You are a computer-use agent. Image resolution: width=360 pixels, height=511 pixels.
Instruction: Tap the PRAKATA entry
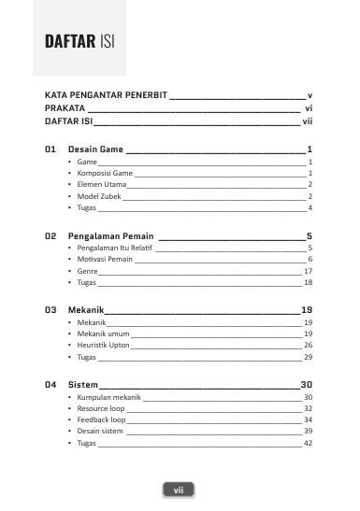[x=66, y=108]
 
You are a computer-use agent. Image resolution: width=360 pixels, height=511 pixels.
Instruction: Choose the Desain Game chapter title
[x=95, y=149]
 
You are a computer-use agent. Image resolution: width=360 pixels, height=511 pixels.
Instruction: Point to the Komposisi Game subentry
[x=105, y=174]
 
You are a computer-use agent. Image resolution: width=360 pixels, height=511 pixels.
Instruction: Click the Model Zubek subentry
[x=99, y=196]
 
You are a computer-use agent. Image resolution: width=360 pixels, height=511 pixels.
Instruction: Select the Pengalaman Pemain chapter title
[x=110, y=236]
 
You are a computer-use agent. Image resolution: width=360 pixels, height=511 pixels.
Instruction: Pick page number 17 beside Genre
[x=308, y=270]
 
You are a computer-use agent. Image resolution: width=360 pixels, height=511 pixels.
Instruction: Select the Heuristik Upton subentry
[x=102, y=345]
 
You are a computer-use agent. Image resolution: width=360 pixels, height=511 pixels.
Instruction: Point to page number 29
[x=308, y=357]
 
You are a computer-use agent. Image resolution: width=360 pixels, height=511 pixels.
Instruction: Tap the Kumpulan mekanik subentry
[x=108, y=397]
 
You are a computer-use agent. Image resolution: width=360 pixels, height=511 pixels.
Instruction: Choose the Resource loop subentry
[x=100, y=408]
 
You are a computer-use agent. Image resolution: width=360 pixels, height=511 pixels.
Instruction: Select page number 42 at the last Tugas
[x=308, y=443]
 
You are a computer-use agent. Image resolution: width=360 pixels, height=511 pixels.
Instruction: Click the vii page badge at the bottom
[x=179, y=490]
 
